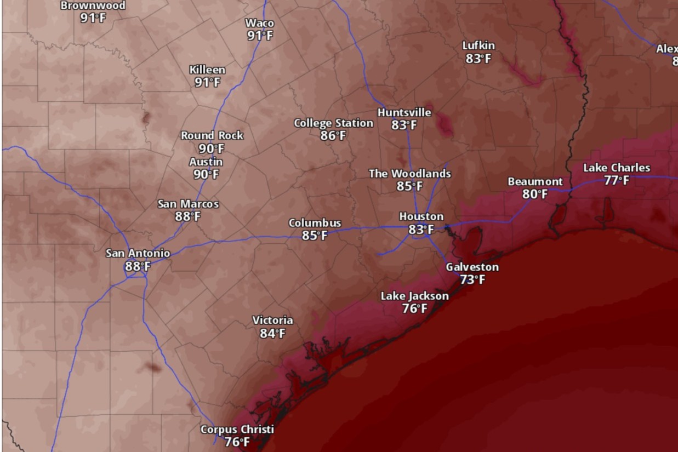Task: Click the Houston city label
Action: click(421, 216)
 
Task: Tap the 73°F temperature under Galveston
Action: click(472, 280)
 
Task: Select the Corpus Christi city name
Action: click(237, 430)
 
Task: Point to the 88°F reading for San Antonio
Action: click(138, 266)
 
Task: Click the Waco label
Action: click(260, 23)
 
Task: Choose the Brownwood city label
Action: click(93, 5)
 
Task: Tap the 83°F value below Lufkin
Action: click(478, 59)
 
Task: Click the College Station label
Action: click(333, 123)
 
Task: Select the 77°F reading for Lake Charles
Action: click(617, 181)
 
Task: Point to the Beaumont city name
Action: click(535, 181)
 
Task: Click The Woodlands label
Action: click(410, 174)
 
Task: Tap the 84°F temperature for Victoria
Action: click(272, 333)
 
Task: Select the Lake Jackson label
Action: click(414, 296)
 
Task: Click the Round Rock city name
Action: click(212, 135)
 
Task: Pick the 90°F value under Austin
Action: click(206, 175)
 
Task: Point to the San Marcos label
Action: click(188, 204)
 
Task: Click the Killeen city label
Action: click(207, 70)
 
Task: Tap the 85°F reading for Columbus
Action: click(315, 236)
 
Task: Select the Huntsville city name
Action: click(404, 112)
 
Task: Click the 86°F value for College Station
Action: click(333, 136)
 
